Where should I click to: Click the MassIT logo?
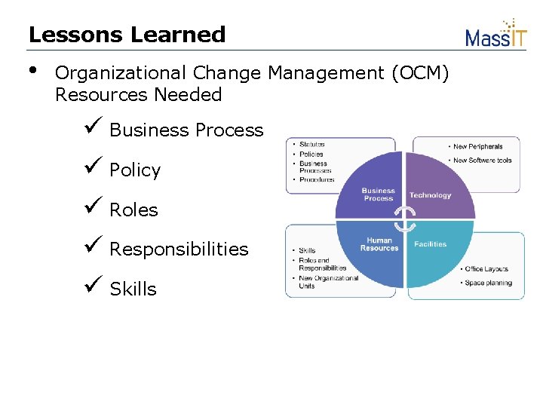click(x=495, y=34)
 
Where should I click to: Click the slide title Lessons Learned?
click(x=127, y=35)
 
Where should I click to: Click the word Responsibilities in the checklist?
click(x=179, y=249)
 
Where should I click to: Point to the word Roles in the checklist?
click(x=133, y=210)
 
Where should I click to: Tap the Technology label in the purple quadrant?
click(x=430, y=195)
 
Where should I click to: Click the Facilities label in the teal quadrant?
click(x=430, y=244)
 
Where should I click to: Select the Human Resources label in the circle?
click(x=379, y=244)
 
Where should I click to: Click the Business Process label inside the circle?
click(x=379, y=194)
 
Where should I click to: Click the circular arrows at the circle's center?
click(x=405, y=219)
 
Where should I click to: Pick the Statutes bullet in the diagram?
click(x=311, y=144)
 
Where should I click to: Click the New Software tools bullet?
click(x=482, y=160)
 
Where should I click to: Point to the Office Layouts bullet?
click(x=486, y=269)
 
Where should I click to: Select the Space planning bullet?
click(x=487, y=283)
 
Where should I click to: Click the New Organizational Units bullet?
click(x=328, y=282)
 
